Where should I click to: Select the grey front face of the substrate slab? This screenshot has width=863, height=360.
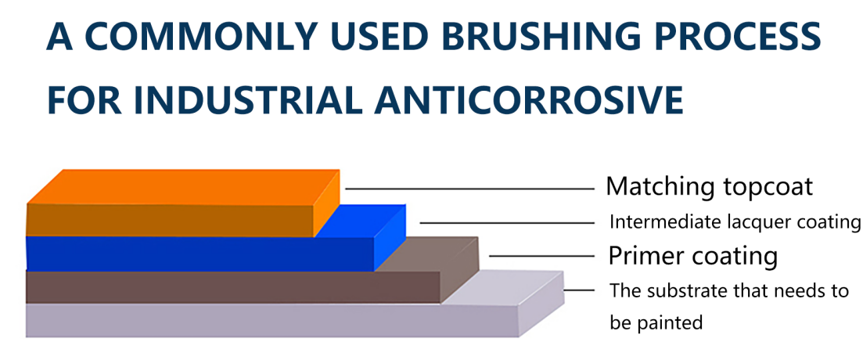[272, 320]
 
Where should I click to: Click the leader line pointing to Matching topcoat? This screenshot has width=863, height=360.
[470, 189]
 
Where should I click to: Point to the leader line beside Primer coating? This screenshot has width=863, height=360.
[542, 256]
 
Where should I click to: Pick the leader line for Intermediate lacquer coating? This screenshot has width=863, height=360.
[508, 222]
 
